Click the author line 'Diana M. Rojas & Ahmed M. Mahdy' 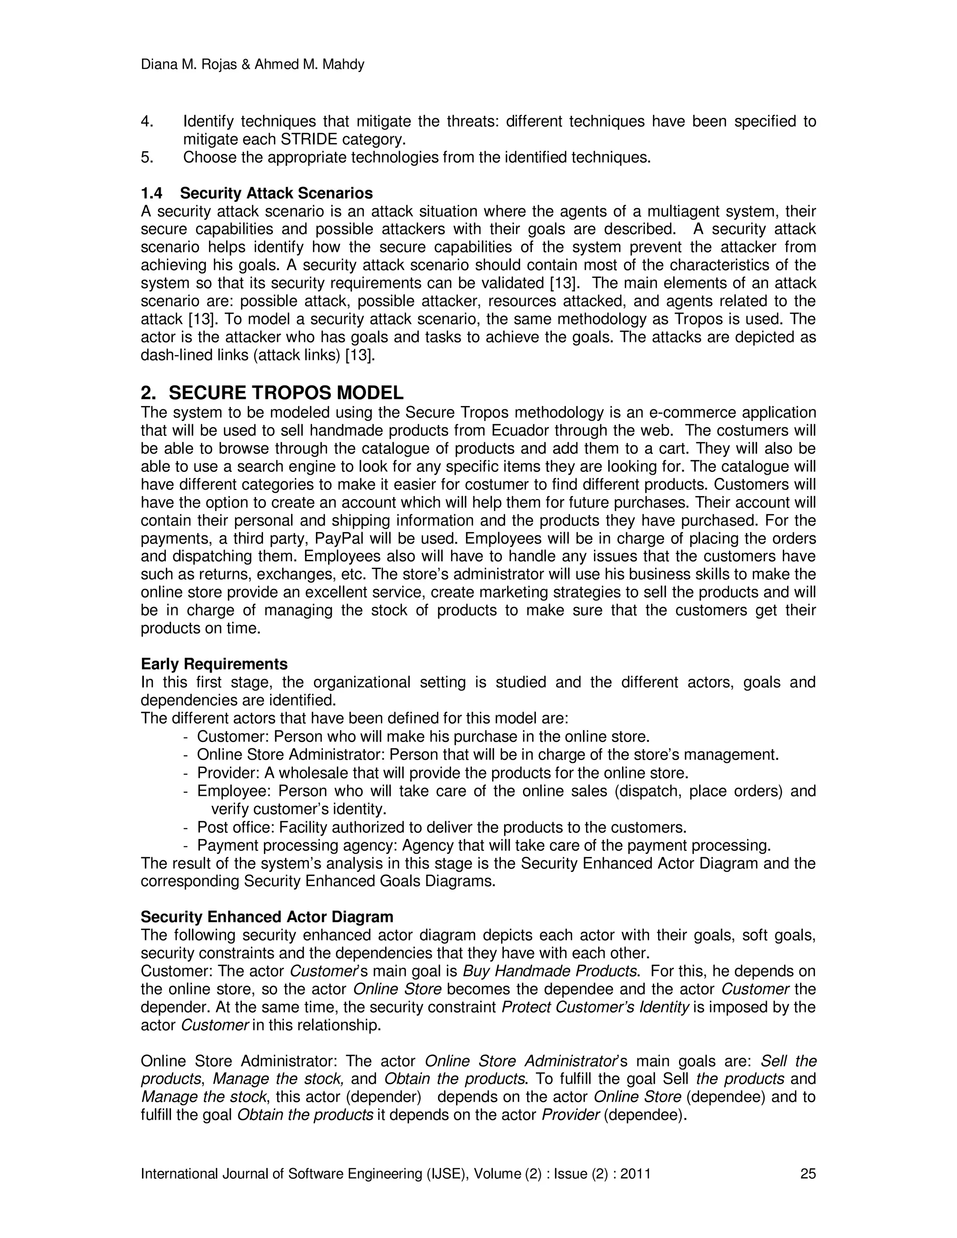tap(252, 65)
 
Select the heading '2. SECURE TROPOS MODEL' tap(272, 392)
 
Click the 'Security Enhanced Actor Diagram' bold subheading tap(266, 917)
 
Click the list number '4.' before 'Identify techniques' tap(147, 121)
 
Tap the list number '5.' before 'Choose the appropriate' tap(147, 157)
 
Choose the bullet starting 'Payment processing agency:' tap(483, 845)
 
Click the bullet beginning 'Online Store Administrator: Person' tap(487, 754)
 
